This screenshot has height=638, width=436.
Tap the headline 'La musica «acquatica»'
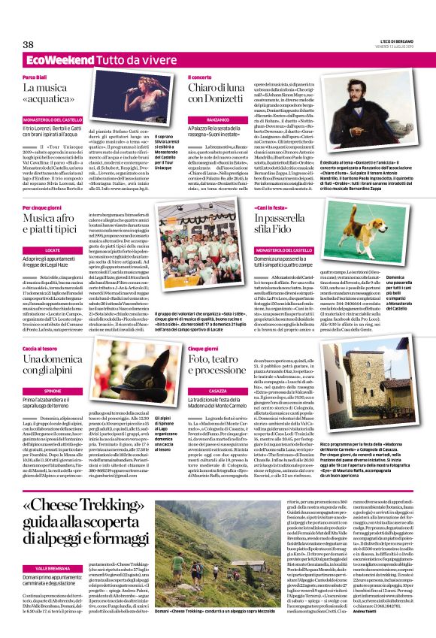[56, 98]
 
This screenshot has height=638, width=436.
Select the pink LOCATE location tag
[53, 248]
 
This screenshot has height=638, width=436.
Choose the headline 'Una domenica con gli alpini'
[56, 364]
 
